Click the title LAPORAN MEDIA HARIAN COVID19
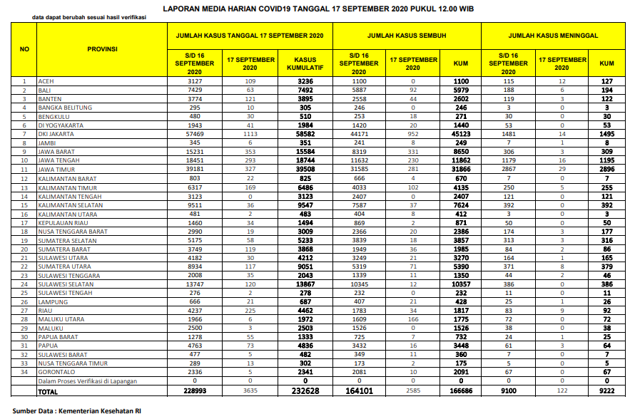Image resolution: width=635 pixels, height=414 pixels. (317, 9)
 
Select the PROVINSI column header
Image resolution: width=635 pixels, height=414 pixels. (102, 49)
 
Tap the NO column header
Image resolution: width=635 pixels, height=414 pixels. (24, 49)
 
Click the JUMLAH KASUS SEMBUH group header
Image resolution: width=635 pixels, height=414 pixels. (407, 35)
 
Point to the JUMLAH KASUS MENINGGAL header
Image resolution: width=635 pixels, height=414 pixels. (553, 35)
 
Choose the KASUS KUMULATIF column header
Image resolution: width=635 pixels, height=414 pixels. (305, 63)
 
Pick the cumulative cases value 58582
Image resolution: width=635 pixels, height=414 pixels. (305, 133)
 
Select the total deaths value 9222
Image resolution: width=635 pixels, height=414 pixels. (606, 391)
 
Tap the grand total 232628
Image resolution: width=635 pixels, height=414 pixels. (305, 391)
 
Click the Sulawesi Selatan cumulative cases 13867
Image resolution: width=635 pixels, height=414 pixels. (305, 283)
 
